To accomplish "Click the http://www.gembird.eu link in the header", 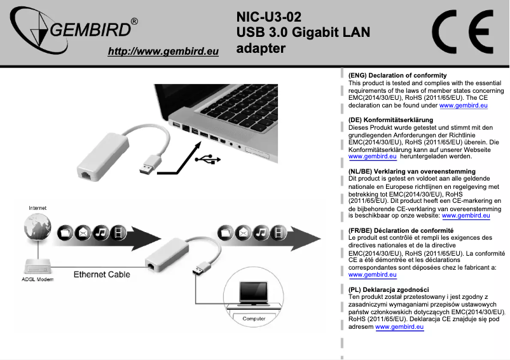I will tap(163, 52).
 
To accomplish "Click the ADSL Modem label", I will tap(38, 279).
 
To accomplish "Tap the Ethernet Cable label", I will tap(102, 275).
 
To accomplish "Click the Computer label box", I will tap(254, 317).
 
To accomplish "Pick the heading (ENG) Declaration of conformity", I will tap(397, 76).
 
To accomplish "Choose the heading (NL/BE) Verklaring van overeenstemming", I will tap(412, 171).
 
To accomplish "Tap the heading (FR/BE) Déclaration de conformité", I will tap(401, 230).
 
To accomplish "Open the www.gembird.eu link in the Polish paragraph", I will tap(399, 327).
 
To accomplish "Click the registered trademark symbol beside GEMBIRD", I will tap(134, 22).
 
